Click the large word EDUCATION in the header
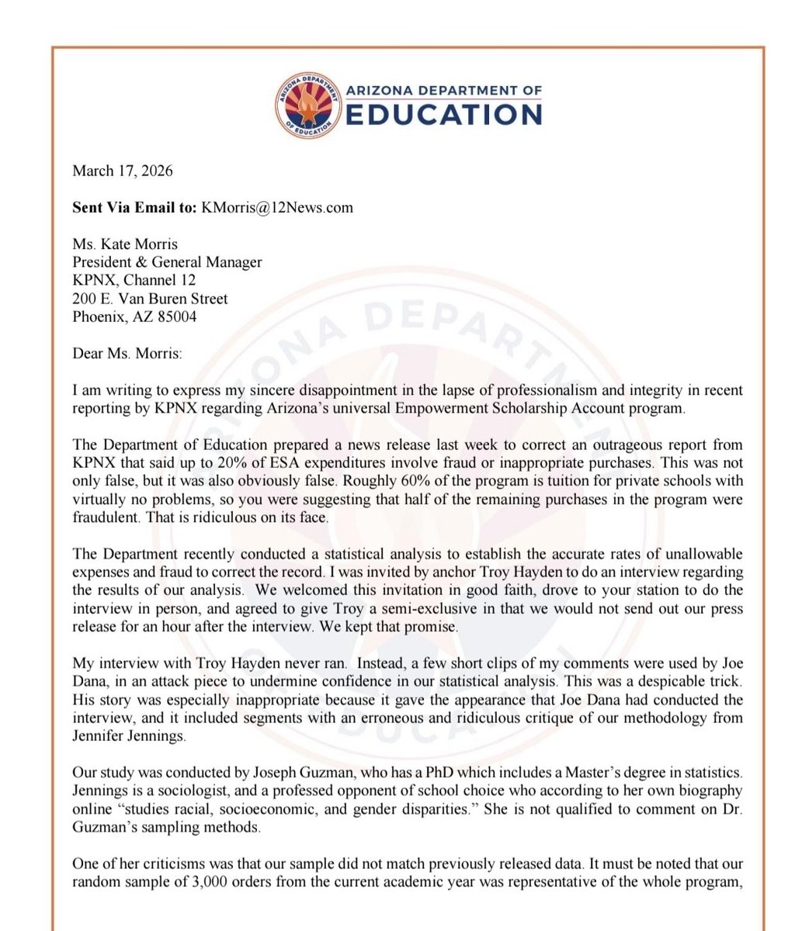coord(443,114)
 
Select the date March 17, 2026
coord(122,171)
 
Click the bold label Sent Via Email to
coord(134,207)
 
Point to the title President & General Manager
coord(167,261)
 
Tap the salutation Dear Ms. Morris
coord(127,353)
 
